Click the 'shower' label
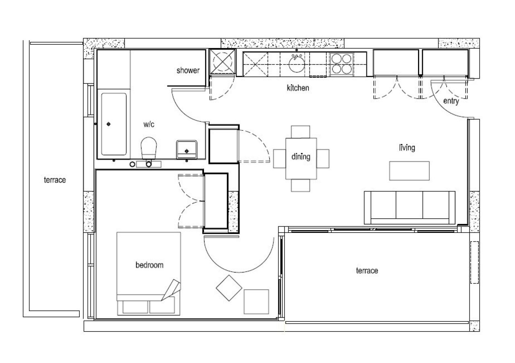pos(188,71)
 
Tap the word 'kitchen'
pos(298,88)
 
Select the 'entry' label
pos(451,101)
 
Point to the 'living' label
pos(407,147)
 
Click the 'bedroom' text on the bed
pos(149,265)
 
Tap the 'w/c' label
pos(149,124)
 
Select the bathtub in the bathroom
pos(114,124)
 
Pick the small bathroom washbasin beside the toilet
pos(187,149)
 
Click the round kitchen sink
pos(297,64)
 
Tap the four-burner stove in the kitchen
pos(342,64)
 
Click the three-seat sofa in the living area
pos(410,207)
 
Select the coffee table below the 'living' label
pos(409,171)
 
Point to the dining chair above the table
pos(300,132)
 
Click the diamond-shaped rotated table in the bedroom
pos(229,288)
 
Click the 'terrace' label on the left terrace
pos(55,180)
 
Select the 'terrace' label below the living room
pos(367,270)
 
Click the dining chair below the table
pos(300,185)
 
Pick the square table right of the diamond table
pos(256,301)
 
